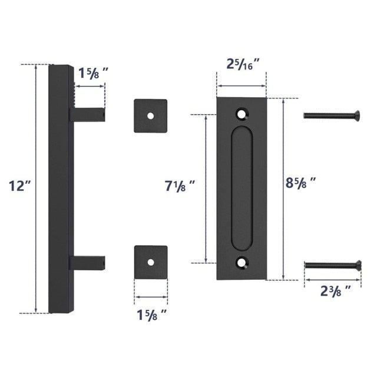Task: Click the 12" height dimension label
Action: pos(19,186)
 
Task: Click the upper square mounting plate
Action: pos(150,115)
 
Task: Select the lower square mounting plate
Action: pos(150,261)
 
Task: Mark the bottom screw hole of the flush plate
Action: pos(242,263)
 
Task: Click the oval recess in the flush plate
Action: pos(242,187)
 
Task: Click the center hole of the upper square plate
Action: pos(150,115)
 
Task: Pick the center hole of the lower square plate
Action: pos(150,261)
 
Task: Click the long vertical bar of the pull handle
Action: pos(59,188)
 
